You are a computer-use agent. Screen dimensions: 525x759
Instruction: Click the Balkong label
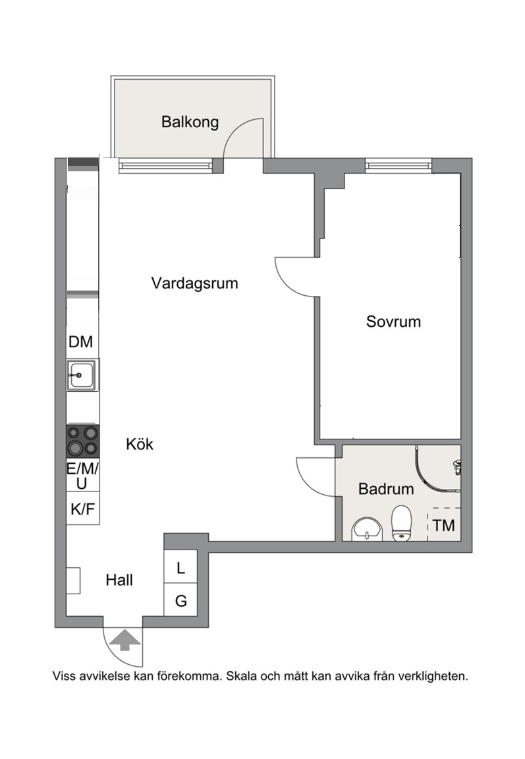pos(190,122)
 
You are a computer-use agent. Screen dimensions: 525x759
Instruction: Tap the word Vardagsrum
pos(194,283)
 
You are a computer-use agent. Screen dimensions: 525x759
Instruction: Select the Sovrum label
pos(393,322)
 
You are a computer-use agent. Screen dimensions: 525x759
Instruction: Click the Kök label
pos(140,444)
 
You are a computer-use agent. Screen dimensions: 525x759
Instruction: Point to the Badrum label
pos(386,489)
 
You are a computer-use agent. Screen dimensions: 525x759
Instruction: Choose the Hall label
pos(119,580)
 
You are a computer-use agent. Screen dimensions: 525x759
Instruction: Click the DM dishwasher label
pos(81,342)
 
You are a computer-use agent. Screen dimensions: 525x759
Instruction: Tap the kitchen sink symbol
pos(82,375)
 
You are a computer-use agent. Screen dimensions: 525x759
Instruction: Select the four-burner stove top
pos(83,441)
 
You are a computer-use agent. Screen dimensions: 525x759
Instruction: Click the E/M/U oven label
pos(83,476)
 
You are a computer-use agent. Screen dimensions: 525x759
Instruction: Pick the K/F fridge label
pos(83,509)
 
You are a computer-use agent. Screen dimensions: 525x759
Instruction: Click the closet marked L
pos(180,567)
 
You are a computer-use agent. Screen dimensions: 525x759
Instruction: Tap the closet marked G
pos(180,600)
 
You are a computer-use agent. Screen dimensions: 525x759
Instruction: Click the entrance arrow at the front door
pos(125,640)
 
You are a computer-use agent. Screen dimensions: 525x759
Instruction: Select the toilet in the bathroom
pos(401,523)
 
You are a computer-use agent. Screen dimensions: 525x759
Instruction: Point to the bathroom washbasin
pos(368,529)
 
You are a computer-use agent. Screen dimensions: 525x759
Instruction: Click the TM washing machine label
pos(444,525)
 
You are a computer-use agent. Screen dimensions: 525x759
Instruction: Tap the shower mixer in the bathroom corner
pos(456,466)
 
